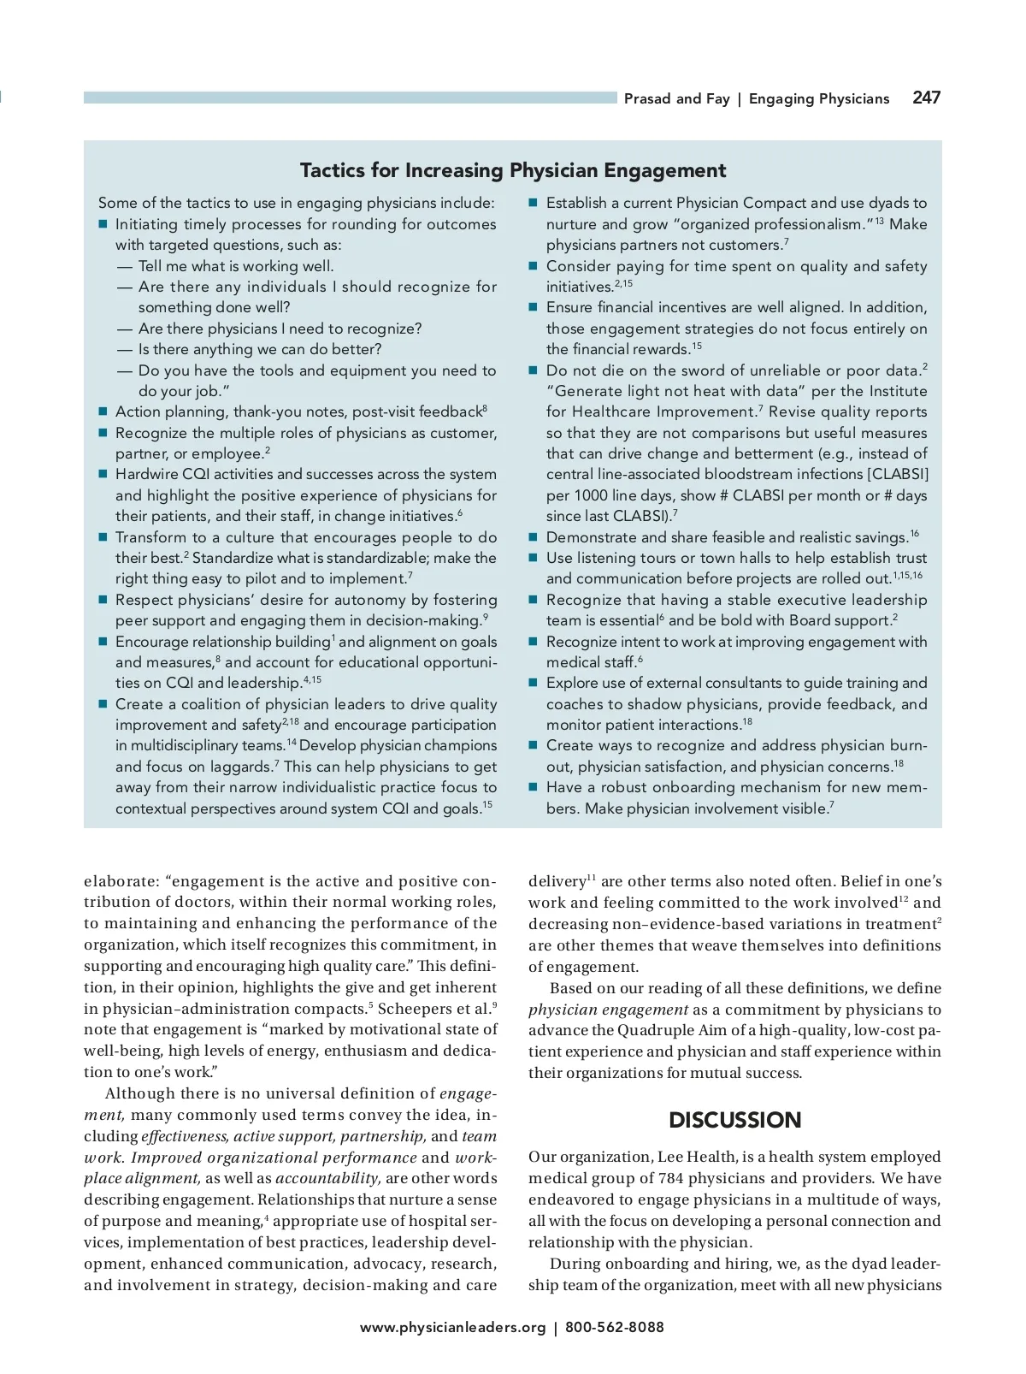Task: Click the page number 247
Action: (926, 98)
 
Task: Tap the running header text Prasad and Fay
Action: (676, 99)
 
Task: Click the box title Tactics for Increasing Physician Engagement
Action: (513, 170)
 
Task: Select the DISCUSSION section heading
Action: (734, 1120)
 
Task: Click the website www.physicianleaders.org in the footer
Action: (452, 1327)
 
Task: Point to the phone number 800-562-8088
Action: (614, 1327)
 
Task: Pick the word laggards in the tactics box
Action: (238, 767)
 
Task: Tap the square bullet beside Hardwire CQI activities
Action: (103, 474)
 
